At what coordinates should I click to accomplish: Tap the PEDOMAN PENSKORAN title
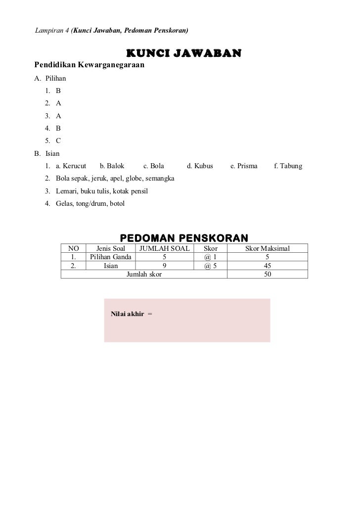tap(184, 238)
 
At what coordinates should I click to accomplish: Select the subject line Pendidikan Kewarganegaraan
tap(89, 65)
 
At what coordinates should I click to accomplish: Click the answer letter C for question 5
tap(58, 140)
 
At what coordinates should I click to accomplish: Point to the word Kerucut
tap(75, 166)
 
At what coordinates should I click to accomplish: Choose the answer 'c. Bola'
tap(153, 166)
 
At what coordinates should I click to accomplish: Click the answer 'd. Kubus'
tap(200, 166)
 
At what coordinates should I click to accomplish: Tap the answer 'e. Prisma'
tap(244, 166)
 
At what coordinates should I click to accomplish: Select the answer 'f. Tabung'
tap(288, 166)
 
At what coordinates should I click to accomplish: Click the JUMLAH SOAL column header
tap(165, 248)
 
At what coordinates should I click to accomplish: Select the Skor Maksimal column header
tap(268, 248)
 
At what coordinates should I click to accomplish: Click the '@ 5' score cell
tap(210, 266)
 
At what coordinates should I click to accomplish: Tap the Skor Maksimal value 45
tap(268, 266)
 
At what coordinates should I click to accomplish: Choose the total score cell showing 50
tap(268, 274)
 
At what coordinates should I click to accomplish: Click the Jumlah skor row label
tap(144, 274)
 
